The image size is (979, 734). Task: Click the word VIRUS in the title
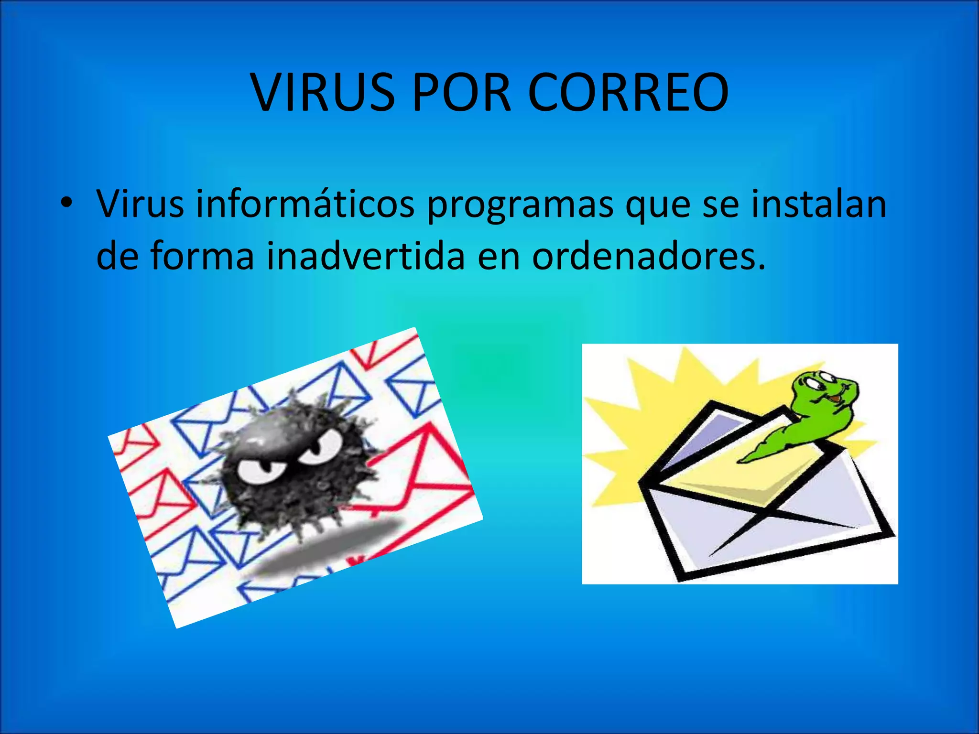tap(323, 93)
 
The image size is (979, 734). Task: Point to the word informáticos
tap(305, 204)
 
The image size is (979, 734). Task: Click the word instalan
tap(818, 204)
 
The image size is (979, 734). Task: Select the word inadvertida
tap(366, 256)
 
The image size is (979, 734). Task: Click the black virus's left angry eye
tap(258, 471)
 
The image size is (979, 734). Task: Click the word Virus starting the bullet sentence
tap(140, 204)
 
